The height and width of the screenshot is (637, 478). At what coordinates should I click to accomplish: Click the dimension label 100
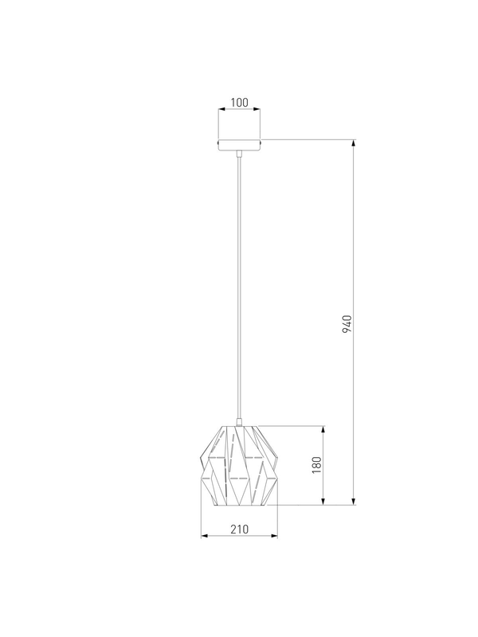pos(240,103)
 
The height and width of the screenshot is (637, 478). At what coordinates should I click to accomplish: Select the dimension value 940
pos(347,323)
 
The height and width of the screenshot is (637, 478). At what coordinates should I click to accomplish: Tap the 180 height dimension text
pos(316,465)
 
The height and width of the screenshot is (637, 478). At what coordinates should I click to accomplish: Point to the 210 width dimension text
pos(240,530)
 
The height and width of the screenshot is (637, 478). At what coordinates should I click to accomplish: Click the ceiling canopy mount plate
pos(240,145)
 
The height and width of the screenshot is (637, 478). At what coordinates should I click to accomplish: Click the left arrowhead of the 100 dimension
pos(222,109)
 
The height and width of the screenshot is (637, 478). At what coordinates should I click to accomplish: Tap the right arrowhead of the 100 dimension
pos(257,109)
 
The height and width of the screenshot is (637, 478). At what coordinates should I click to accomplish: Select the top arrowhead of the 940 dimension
pos(354,143)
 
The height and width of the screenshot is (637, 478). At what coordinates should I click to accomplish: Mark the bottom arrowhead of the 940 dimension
pos(354,501)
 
